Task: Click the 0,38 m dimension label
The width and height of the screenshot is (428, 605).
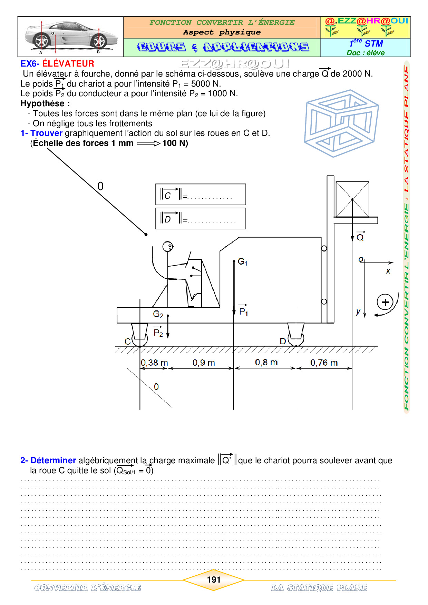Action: point(154,363)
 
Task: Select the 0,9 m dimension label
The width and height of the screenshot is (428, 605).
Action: point(204,363)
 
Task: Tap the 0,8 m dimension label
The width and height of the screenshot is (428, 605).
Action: point(266,362)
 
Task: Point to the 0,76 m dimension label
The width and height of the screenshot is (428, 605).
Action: point(324,363)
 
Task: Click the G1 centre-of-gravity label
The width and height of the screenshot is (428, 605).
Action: point(243,262)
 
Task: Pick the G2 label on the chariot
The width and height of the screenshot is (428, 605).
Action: point(158,314)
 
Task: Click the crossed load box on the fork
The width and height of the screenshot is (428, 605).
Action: point(352,199)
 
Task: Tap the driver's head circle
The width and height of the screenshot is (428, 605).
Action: point(168,247)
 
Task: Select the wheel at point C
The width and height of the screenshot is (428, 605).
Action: point(140,339)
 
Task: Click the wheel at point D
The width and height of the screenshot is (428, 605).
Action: point(296,339)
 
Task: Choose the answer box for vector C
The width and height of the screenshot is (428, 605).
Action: point(201,195)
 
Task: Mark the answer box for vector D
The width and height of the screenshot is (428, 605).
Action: point(201,218)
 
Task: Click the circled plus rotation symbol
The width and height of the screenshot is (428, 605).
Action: point(385,302)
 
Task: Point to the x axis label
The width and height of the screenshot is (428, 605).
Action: point(388,271)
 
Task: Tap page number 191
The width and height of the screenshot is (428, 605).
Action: point(214,580)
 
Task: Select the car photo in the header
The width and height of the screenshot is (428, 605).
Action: point(71,37)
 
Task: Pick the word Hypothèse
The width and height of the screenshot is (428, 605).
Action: point(42,103)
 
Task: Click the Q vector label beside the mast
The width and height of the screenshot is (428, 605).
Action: point(360,236)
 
